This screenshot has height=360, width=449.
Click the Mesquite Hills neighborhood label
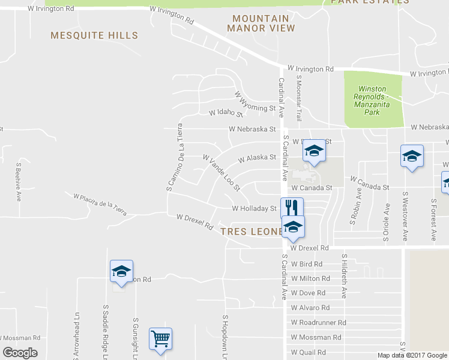click(x=94, y=36)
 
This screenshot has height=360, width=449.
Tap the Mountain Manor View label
click(x=261, y=23)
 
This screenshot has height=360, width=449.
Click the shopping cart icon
click(x=160, y=339)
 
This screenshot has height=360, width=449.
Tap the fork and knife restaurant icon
click(x=292, y=208)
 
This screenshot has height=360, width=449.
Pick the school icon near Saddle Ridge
click(x=121, y=271)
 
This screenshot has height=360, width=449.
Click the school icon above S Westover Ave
click(x=412, y=156)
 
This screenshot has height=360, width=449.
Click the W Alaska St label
click(x=256, y=158)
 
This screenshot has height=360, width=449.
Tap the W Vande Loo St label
click(x=221, y=173)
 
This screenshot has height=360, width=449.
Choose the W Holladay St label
click(x=254, y=209)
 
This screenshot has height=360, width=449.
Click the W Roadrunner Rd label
click(x=319, y=322)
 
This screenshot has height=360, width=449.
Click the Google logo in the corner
click(x=20, y=353)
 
